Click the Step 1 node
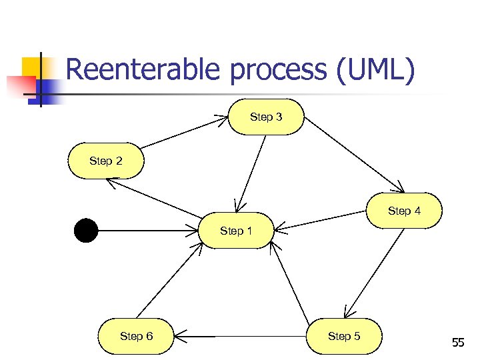[237, 231]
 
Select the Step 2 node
[105, 161]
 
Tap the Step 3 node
[266, 117]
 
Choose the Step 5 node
[344, 336]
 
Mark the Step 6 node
[136, 336]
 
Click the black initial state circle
[86, 231]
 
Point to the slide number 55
[457, 343]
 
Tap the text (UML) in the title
[376, 70]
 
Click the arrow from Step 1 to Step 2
[157, 199]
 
